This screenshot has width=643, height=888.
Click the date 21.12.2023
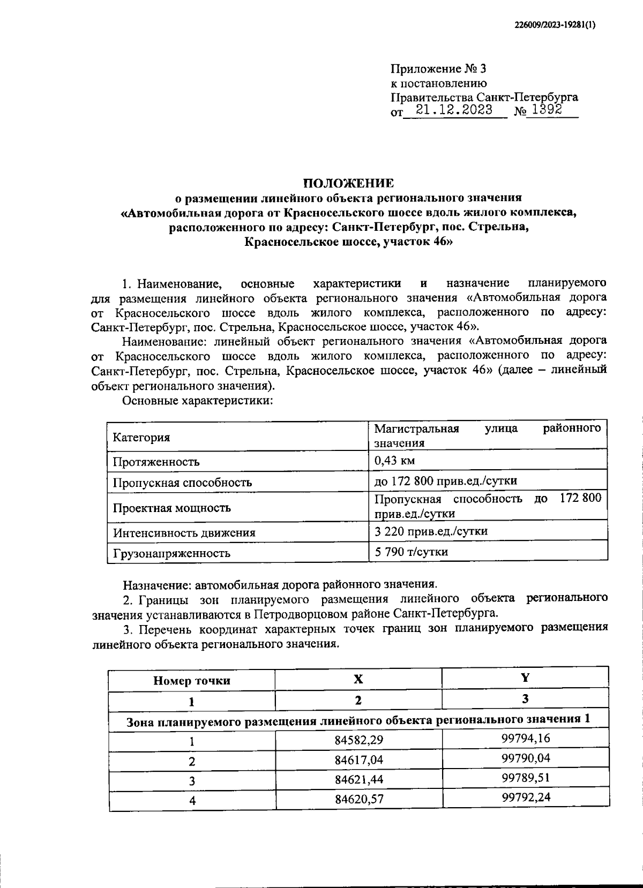454,110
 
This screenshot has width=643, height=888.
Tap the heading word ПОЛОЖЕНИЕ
348,183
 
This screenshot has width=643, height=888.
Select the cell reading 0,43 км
394,461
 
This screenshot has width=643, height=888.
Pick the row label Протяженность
156,462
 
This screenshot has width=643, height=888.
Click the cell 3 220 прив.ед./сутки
431,531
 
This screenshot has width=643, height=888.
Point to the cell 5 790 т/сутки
411,551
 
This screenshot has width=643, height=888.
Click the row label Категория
141,437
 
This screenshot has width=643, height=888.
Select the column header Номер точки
192,681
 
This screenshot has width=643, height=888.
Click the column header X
358,679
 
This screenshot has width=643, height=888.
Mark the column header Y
525,678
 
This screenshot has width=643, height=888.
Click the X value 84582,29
360,741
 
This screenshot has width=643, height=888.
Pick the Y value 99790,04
526,758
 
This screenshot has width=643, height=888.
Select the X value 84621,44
360,780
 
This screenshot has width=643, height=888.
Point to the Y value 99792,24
526,797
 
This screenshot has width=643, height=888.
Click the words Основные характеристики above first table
198,401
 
